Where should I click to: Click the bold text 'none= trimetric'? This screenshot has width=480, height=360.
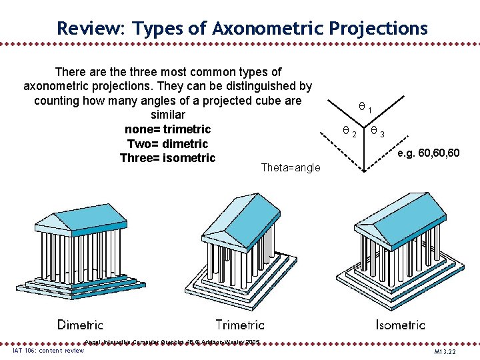167,129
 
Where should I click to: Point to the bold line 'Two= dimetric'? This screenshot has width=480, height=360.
167,144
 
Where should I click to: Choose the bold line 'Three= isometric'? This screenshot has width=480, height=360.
167,158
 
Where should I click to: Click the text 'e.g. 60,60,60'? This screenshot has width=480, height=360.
428,154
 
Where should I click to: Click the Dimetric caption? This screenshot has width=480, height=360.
80,325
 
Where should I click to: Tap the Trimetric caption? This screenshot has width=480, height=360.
240,325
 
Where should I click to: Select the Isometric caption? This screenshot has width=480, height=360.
400,325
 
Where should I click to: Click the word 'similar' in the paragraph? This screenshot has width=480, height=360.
167,115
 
